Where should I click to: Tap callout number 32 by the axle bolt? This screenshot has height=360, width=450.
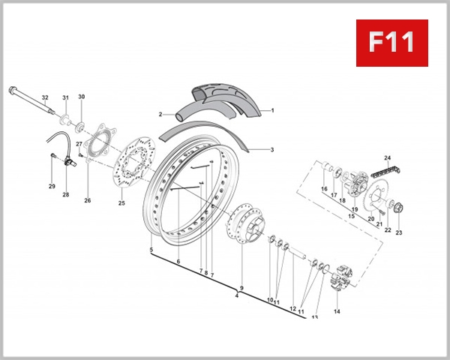[x=45, y=98]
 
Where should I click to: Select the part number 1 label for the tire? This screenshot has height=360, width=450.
[x=272, y=110]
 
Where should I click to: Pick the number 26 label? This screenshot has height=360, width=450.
[x=88, y=200]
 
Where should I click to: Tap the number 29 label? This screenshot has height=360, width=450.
[x=52, y=186]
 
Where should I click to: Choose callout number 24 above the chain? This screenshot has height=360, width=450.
[x=388, y=157]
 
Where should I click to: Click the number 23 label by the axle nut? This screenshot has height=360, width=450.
[x=399, y=233]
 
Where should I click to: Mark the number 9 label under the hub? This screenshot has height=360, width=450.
[x=241, y=288]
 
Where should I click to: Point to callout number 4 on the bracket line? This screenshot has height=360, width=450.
[x=236, y=295]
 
